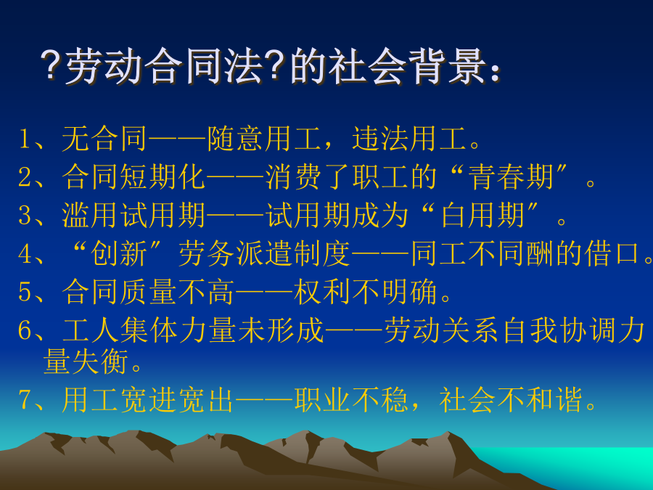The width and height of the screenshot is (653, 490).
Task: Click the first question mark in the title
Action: coord(52,66)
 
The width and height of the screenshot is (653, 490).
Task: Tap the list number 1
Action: coord(24,139)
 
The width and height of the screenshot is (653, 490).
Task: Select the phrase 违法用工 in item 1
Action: coord(409,139)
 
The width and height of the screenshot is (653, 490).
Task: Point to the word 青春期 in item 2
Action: coord(512,177)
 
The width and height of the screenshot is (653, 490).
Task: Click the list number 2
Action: coord(25,177)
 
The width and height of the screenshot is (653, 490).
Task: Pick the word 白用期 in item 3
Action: coord(482,216)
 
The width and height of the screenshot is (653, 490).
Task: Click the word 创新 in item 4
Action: coord(119,253)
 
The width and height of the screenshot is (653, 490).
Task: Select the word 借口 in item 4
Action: coord(612,253)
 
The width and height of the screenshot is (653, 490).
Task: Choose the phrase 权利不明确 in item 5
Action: coord(365,292)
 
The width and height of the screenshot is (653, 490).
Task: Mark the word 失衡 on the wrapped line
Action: coord(100,362)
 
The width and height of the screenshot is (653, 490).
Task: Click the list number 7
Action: coord(25,400)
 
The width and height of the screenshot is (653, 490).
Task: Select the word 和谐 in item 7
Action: coord(554,399)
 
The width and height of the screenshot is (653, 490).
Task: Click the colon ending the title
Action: coord(495,72)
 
